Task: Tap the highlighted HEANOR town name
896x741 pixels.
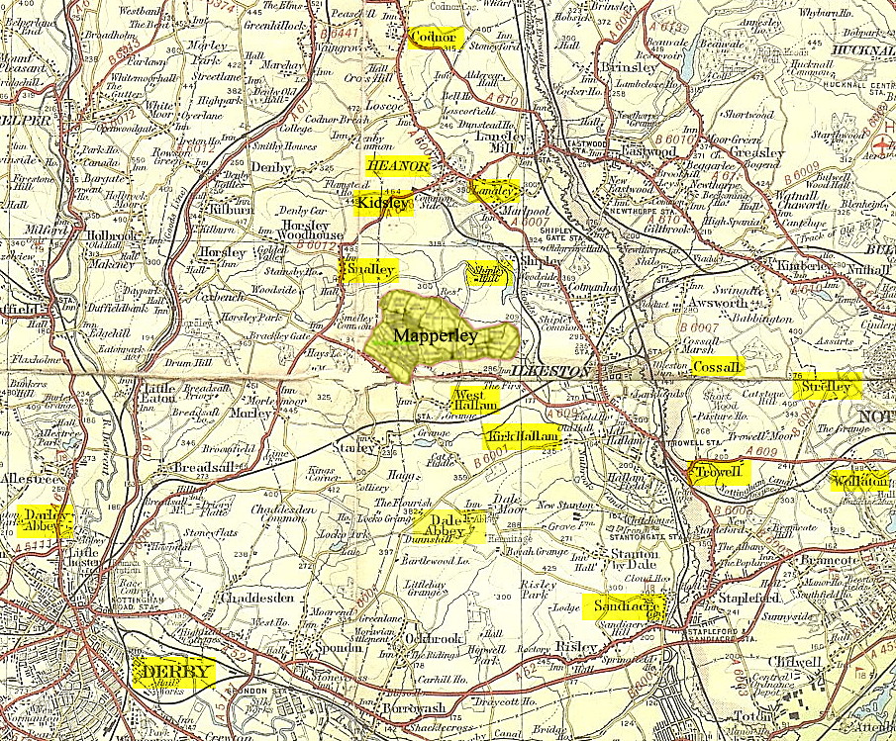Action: click(398, 166)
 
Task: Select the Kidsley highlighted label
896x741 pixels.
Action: click(382, 203)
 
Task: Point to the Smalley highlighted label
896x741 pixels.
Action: click(368, 270)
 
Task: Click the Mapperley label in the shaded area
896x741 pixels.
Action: click(436, 335)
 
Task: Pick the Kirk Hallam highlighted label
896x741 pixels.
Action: click(522, 436)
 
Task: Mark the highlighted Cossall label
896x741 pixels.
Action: click(716, 367)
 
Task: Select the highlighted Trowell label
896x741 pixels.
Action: click(720, 471)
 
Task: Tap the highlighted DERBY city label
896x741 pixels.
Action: click(174, 673)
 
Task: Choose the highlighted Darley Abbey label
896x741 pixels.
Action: click(45, 520)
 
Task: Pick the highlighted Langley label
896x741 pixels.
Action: click(491, 190)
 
